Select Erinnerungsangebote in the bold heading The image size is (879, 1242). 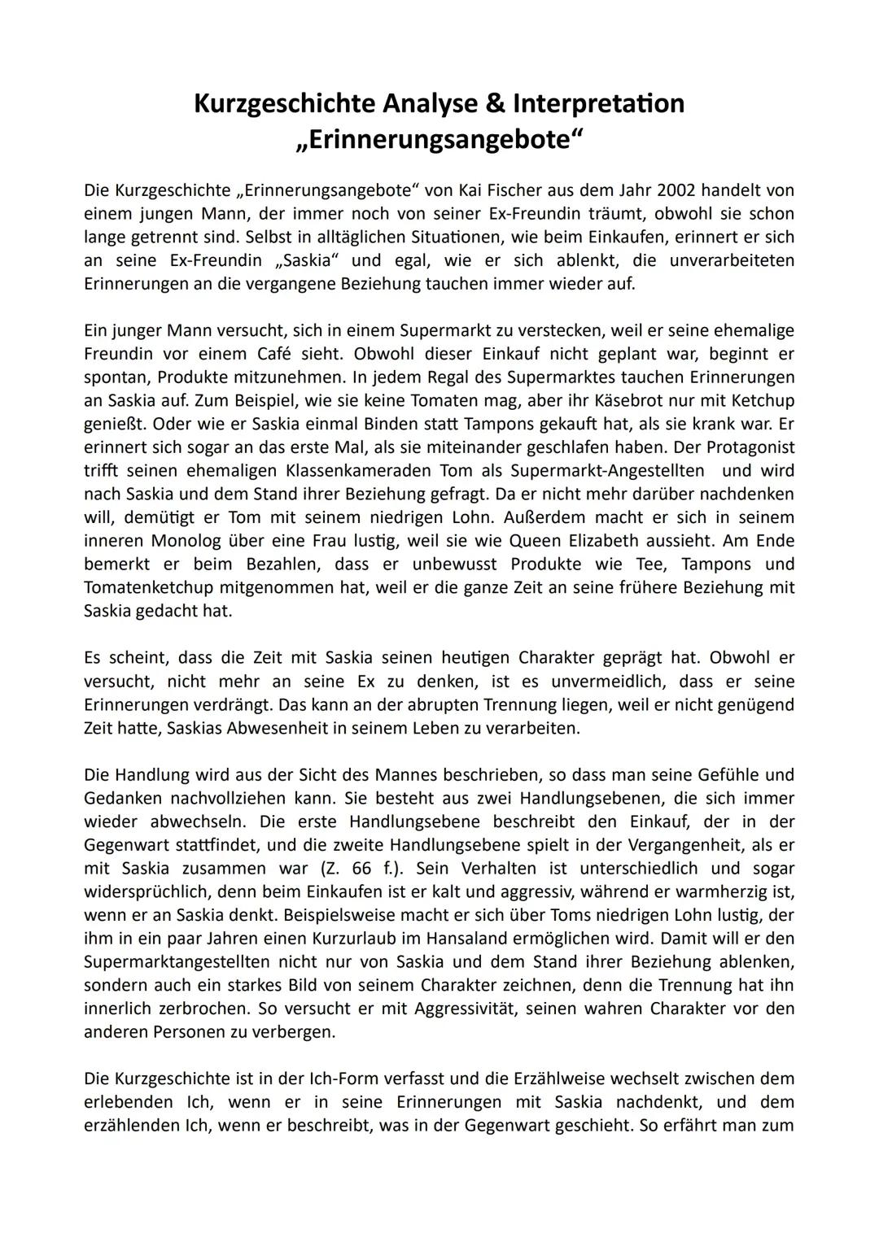tap(439, 139)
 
